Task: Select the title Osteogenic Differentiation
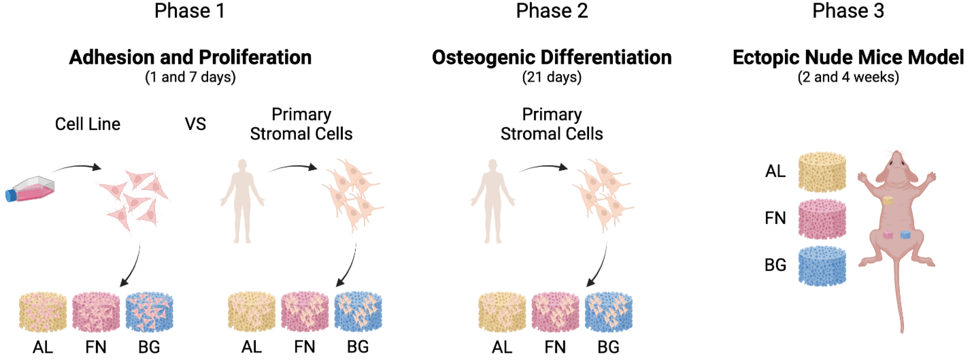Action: point(551,57)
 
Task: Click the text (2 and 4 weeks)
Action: point(848,77)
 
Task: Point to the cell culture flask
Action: point(30,190)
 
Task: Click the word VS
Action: point(195,124)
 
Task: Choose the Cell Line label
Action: point(88,124)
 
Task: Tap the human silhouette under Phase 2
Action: point(493,201)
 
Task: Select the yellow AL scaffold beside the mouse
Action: point(822,172)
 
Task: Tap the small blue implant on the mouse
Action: point(906,235)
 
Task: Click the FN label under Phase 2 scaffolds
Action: point(555,347)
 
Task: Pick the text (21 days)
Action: point(551,77)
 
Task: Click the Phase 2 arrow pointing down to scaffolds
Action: point(599,267)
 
